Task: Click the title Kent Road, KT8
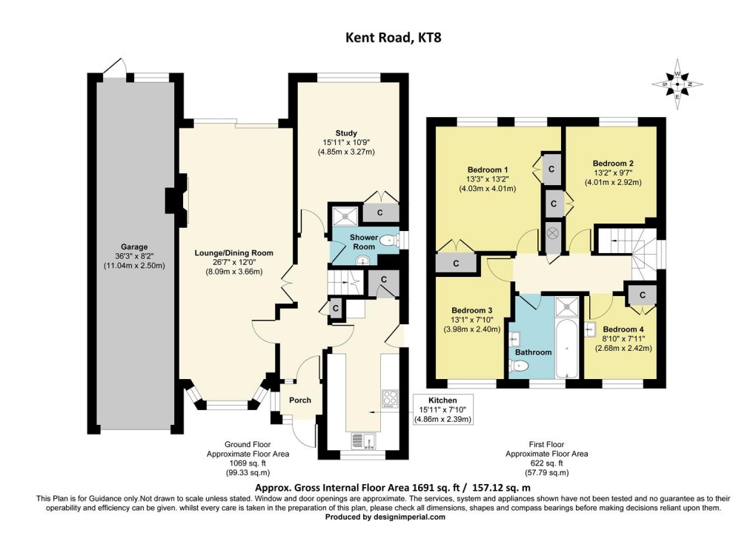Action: pos(393,38)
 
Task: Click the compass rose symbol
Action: pos(677,84)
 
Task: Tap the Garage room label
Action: pos(134,247)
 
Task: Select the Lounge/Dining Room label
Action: pos(233,252)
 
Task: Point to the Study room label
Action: pos(346,133)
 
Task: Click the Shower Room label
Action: pos(364,242)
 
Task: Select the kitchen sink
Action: pos(364,441)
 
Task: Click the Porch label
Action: pos(300,400)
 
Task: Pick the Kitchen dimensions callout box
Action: pos(442,409)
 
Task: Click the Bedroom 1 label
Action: pos(488,170)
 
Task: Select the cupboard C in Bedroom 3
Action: pos(456,264)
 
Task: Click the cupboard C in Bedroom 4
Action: pos(643,295)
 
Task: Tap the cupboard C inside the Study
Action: pos(380,212)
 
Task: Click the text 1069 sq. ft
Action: pos(248,463)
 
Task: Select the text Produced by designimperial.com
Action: pos(385,517)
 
